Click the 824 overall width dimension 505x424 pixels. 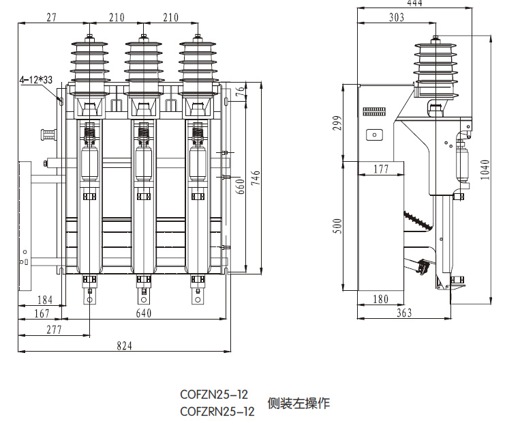[123, 345]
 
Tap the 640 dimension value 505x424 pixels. [143, 313]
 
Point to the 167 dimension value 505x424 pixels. [42, 313]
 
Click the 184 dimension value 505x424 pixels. [45, 299]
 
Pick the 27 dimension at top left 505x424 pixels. [52, 17]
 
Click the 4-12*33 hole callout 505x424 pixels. [37, 80]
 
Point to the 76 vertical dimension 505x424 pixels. [241, 94]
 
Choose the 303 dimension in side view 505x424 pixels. [397, 18]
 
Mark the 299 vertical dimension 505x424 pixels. [344, 124]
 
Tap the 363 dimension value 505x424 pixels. [404, 313]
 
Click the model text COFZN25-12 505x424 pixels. [213, 395]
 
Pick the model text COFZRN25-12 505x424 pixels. [217, 411]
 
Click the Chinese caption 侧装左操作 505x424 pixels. [299, 403]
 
